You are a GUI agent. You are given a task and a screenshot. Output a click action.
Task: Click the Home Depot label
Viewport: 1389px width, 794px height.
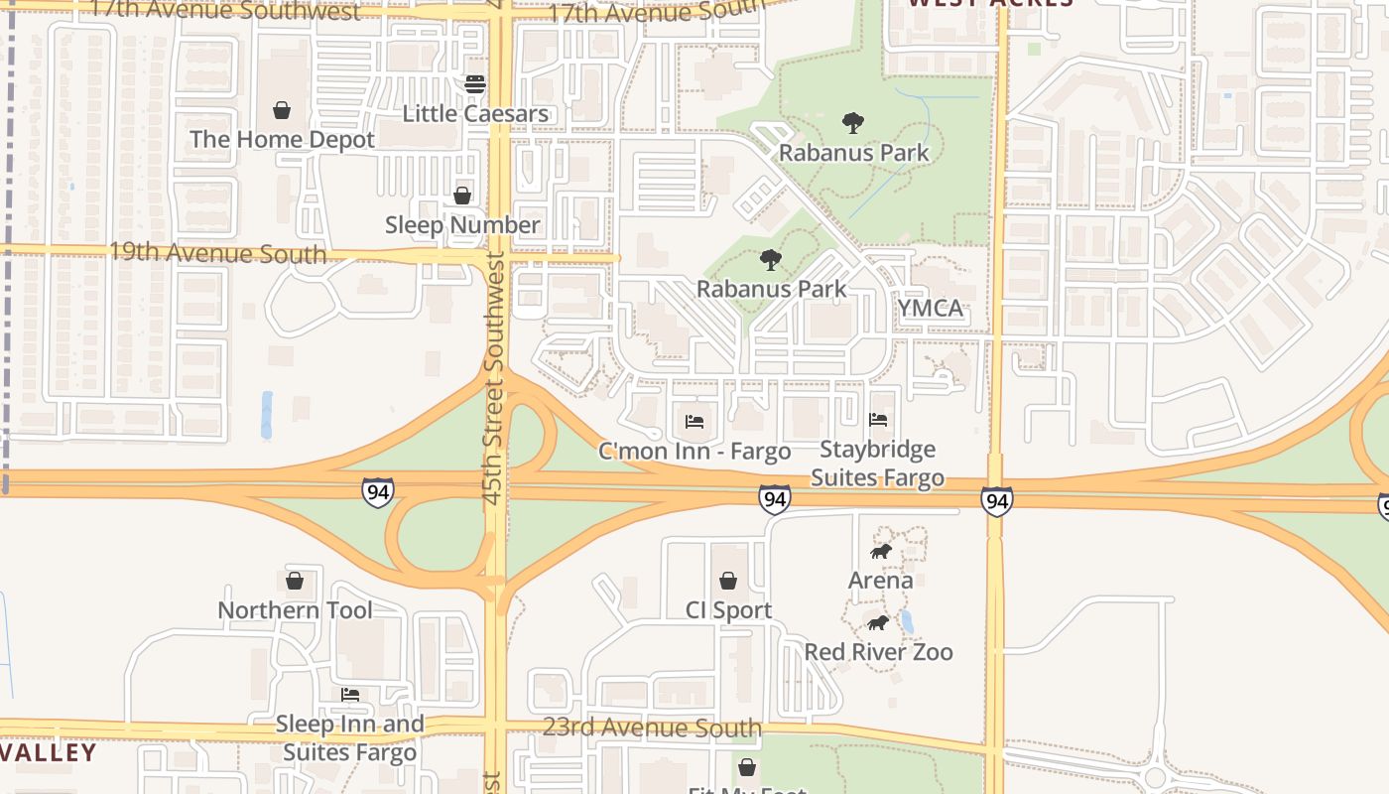(x=282, y=139)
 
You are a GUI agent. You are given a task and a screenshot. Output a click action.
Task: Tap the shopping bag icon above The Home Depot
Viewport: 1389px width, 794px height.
(x=282, y=109)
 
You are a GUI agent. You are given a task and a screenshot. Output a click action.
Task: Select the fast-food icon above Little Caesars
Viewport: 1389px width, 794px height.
(x=475, y=83)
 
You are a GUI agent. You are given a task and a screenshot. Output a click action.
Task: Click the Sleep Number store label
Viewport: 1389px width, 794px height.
(x=462, y=225)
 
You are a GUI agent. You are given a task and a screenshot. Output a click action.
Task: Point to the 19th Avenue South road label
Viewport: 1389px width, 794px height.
(x=217, y=252)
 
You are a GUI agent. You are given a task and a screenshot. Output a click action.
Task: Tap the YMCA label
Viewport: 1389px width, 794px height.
(x=931, y=309)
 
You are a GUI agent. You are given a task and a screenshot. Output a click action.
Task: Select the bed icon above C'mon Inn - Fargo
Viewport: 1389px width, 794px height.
(x=694, y=422)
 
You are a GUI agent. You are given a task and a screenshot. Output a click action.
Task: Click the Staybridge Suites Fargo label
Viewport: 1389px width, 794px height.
(x=877, y=463)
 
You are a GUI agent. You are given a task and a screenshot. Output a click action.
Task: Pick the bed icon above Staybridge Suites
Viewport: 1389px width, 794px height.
(x=878, y=420)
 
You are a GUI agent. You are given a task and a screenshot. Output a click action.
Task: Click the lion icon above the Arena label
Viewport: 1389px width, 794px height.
(x=880, y=551)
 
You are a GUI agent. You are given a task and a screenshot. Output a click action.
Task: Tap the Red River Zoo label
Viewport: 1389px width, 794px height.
(x=878, y=652)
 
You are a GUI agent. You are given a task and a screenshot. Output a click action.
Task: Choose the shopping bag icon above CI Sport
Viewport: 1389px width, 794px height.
(x=728, y=581)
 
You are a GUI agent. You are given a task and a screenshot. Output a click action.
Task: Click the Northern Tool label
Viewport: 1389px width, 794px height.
(x=295, y=610)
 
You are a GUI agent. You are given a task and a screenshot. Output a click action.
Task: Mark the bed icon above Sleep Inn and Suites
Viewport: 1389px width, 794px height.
(x=349, y=695)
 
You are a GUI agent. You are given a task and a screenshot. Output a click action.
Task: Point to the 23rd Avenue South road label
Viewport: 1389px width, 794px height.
(x=652, y=728)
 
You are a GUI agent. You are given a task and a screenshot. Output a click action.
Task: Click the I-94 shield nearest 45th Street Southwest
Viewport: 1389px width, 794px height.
(x=377, y=492)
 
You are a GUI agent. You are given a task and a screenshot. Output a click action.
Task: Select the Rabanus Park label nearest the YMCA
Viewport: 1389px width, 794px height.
(x=771, y=289)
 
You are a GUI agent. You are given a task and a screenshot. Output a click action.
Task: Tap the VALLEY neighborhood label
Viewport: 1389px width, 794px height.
(x=48, y=753)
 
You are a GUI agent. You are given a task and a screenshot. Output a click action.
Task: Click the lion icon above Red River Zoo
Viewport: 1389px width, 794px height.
(x=878, y=622)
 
